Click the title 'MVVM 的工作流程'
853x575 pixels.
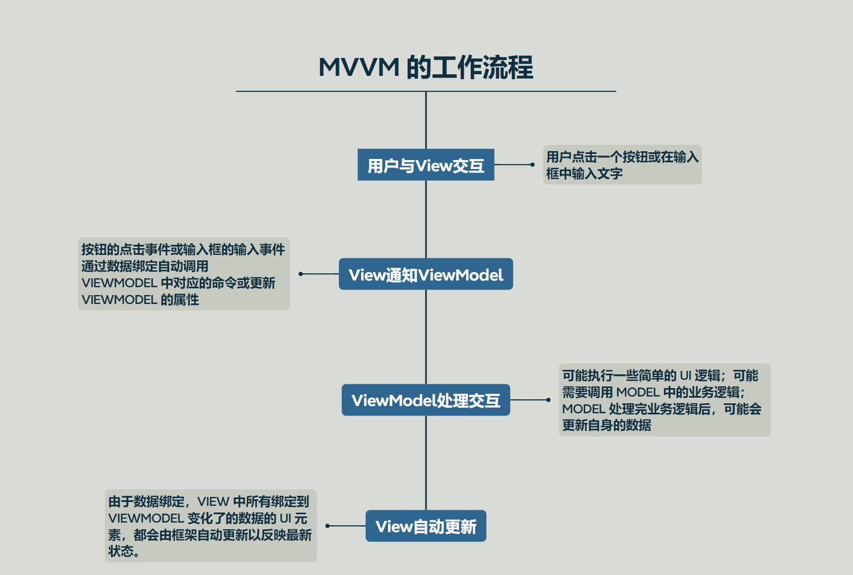(x=425, y=67)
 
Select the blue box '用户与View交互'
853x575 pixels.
(x=425, y=165)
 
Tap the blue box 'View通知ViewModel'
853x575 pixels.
(x=425, y=274)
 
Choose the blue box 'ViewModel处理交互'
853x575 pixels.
(x=425, y=400)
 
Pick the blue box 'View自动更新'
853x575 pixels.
(x=425, y=526)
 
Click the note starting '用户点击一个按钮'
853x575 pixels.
(x=622, y=165)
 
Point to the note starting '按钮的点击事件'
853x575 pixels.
(x=184, y=274)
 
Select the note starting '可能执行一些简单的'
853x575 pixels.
(x=664, y=400)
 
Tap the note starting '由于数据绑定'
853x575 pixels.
(x=210, y=526)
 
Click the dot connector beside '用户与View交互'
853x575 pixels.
(x=533, y=165)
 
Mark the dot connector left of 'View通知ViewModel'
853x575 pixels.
(x=301, y=274)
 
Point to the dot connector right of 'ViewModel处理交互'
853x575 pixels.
(x=548, y=400)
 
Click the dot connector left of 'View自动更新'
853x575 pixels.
(x=328, y=526)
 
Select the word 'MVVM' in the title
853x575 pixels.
(x=359, y=67)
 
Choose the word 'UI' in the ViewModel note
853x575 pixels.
(x=686, y=375)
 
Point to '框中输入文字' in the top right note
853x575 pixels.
(x=584, y=174)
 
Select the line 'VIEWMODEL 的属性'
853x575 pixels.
(x=140, y=300)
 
